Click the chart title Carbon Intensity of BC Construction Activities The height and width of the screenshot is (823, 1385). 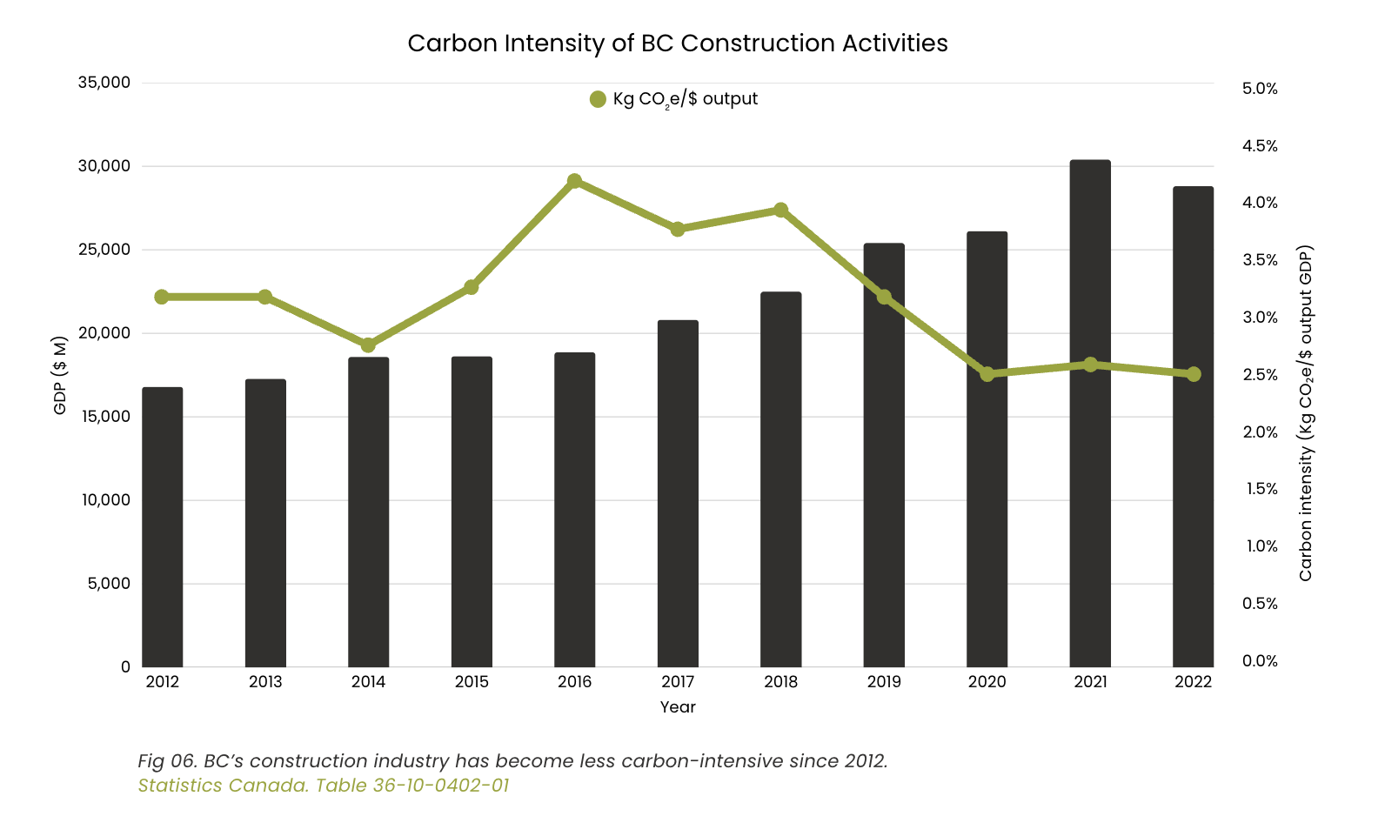(x=677, y=43)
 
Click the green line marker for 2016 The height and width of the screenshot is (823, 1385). (x=574, y=181)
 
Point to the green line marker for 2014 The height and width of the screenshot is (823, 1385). (x=368, y=345)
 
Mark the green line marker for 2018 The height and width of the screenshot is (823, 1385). (x=780, y=210)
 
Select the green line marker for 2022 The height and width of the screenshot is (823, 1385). (x=1193, y=374)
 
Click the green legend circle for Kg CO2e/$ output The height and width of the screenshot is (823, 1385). (x=598, y=99)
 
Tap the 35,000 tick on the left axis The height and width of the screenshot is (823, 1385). (x=104, y=83)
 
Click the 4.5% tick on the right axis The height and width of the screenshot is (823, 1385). (x=1260, y=146)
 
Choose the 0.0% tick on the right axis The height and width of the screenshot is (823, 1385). (x=1260, y=661)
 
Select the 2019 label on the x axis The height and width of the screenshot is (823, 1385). (x=884, y=682)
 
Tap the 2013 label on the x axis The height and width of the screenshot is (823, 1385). (x=265, y=682)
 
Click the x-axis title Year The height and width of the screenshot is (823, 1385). (x=677, y=707)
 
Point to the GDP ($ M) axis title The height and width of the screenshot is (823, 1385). (x=60, y=375)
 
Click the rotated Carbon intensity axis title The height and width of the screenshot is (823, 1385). (x=1305, y=413)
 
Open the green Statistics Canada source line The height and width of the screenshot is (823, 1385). (x=324, y=786)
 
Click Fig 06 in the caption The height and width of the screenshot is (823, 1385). (x=168, y=761)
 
